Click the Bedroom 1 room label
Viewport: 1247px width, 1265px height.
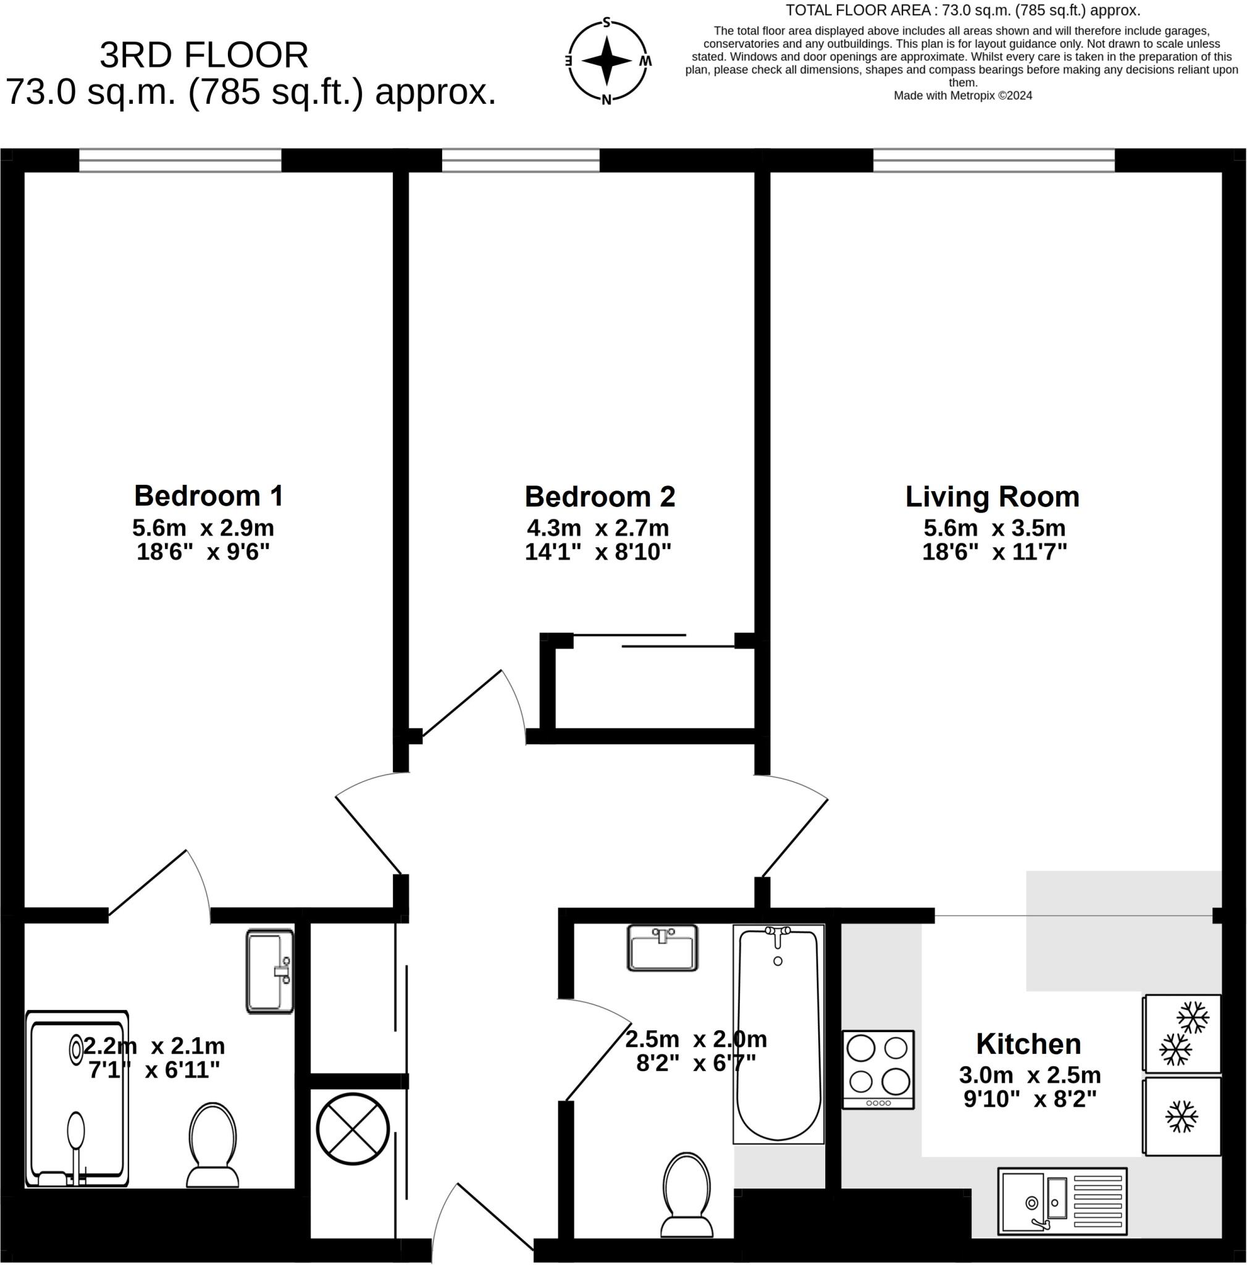point(208,495)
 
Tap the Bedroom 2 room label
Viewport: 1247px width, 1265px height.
point(599,497)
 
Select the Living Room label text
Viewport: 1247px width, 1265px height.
point(992,497)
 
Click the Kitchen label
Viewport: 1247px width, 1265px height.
point(1028,1044)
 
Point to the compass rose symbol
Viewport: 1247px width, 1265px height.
point(606,61)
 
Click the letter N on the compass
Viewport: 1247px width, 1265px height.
point(606,100)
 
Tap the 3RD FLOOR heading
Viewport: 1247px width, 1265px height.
point(204,55)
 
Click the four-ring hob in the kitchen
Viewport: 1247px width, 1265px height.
point(877,1069)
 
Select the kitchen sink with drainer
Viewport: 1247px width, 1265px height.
point(1061,1201)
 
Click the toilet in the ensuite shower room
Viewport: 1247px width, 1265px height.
point(212,1146)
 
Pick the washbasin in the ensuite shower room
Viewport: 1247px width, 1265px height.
point(270,972)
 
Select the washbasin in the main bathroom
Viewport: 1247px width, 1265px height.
point(662,948)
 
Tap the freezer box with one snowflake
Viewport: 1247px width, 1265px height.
point(1182,1116)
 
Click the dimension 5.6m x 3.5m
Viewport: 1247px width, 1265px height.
point(994,527)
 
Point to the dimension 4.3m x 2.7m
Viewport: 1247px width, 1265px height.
point(598,527)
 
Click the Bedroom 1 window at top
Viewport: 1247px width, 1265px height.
point(180,161)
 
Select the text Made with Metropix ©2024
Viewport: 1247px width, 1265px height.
point(962,96)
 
